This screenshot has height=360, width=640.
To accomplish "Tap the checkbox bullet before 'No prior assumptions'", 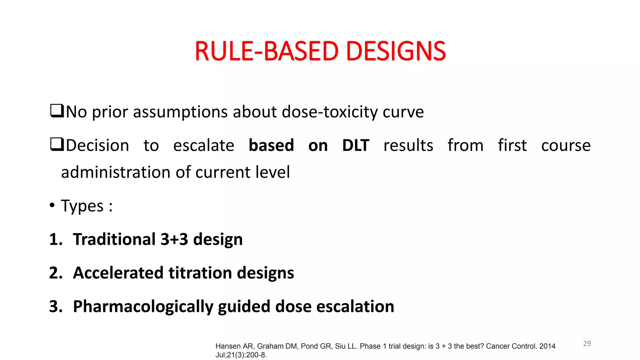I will (57, 111).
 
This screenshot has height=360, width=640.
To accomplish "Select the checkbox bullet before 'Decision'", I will (57, 145).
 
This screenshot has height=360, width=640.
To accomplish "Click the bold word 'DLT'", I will (356, 145).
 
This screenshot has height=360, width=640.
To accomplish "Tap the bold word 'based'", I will (271, 145).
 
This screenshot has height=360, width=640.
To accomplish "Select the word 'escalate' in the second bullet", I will (203, 146).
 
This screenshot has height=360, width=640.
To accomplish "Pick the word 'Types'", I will (82, 206).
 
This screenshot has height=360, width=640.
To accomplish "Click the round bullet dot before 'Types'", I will (52, 205).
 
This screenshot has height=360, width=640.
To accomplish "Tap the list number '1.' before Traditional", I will (56, 239).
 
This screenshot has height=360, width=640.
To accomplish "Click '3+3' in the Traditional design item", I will (174, 239).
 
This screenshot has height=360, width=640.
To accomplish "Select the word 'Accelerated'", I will (118, 273).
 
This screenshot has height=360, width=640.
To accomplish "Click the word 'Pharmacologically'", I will (143, 307).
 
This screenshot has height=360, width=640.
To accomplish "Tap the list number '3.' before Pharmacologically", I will (56, 307).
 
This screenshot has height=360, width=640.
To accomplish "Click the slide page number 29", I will (587, 343).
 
